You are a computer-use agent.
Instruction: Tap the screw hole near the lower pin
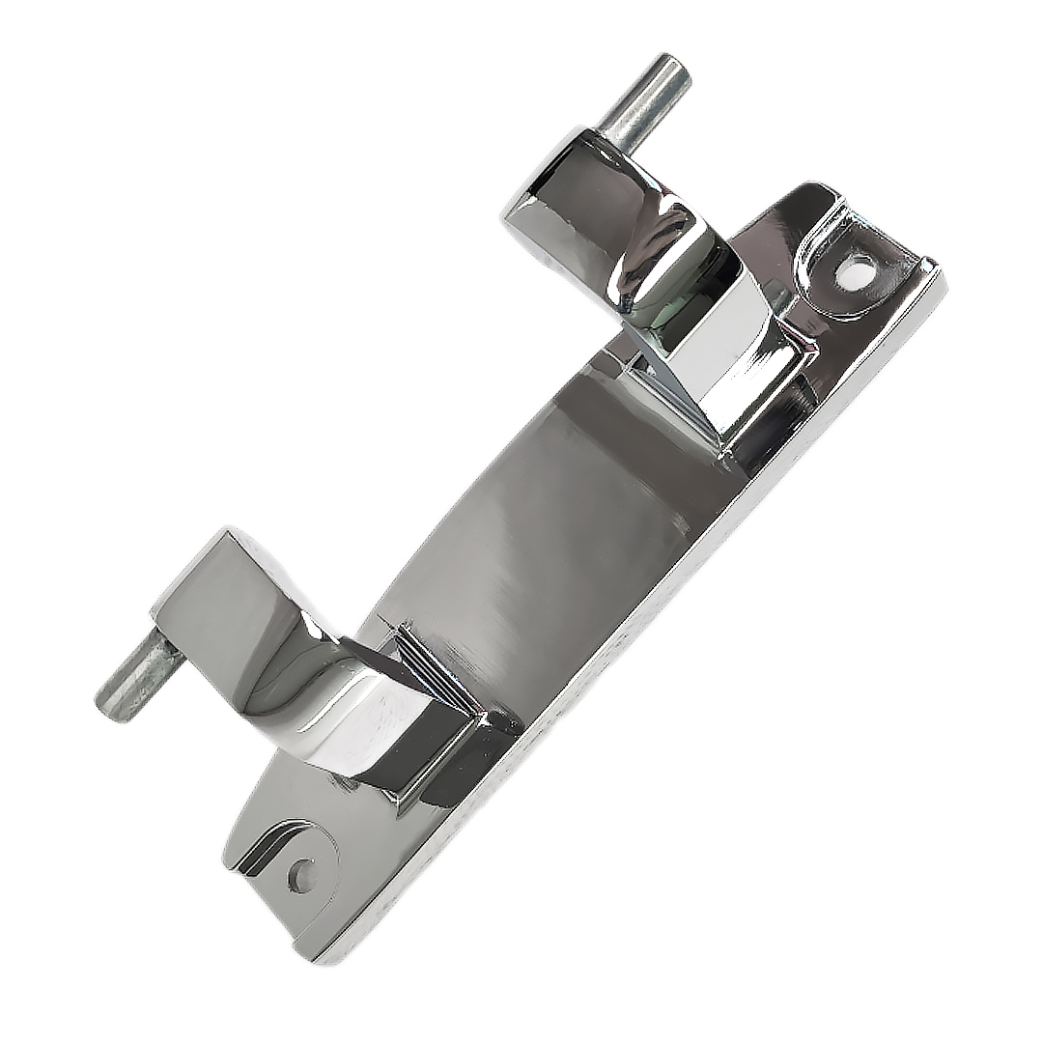point(302,875)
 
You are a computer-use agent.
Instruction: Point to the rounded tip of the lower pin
point(109,703)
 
